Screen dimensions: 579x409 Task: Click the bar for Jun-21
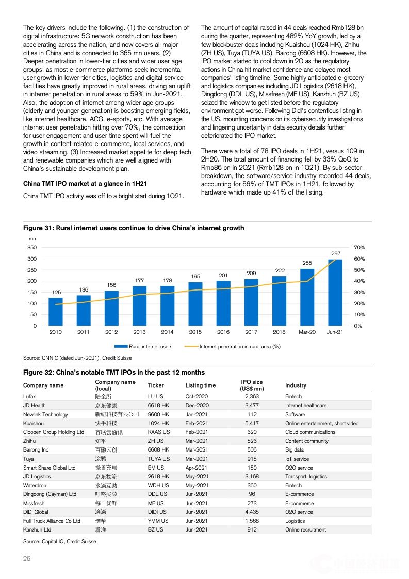click(x=335, y=292)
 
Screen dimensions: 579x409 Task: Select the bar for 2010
click(x=56, y=312)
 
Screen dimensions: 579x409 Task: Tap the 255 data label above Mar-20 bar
click(x=307, y=263)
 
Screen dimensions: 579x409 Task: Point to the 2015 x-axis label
click(x=195, y=332)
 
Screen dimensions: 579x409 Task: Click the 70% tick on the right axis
click(x=359, y=248)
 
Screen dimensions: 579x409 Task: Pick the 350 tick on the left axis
click(x=32, y=248)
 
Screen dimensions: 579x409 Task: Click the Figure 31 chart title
click(x=134, y=228)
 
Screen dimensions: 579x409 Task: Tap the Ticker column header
click(x=156, y=385)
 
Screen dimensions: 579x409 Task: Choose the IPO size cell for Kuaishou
click(x=252, y=423)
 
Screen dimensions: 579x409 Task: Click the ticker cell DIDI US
click(x=157, y=512)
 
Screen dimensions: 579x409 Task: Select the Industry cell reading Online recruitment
click(x=305, y=529)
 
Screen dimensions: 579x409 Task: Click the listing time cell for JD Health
click(x=197, y=406)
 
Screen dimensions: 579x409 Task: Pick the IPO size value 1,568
click(x=252, y=521)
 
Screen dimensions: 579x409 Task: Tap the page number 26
click(x=27, y=559)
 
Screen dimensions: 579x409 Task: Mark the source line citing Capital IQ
click(x=59, y=541)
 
